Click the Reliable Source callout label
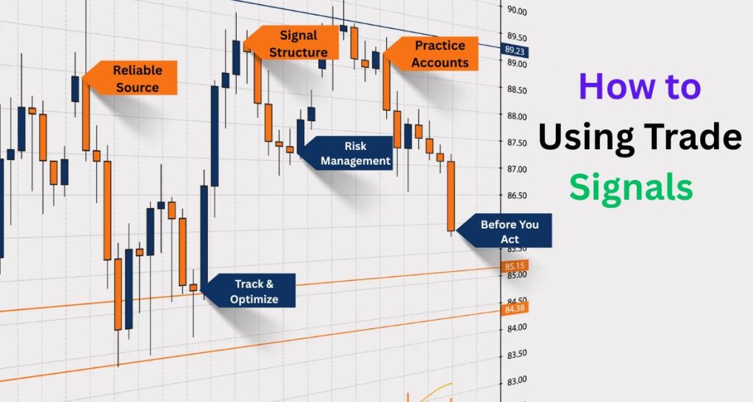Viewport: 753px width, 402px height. point(135,79)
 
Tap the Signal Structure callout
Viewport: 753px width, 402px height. point(297,43)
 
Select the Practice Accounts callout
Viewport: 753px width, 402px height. point(439,54)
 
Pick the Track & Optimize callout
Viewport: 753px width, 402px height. point(254,291)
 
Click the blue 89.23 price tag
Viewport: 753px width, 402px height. point(515,51)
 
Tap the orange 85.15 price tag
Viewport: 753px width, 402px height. point(515,265)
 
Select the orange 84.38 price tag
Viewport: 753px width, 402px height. point(515,309)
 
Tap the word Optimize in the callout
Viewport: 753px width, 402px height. point(254,299)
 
